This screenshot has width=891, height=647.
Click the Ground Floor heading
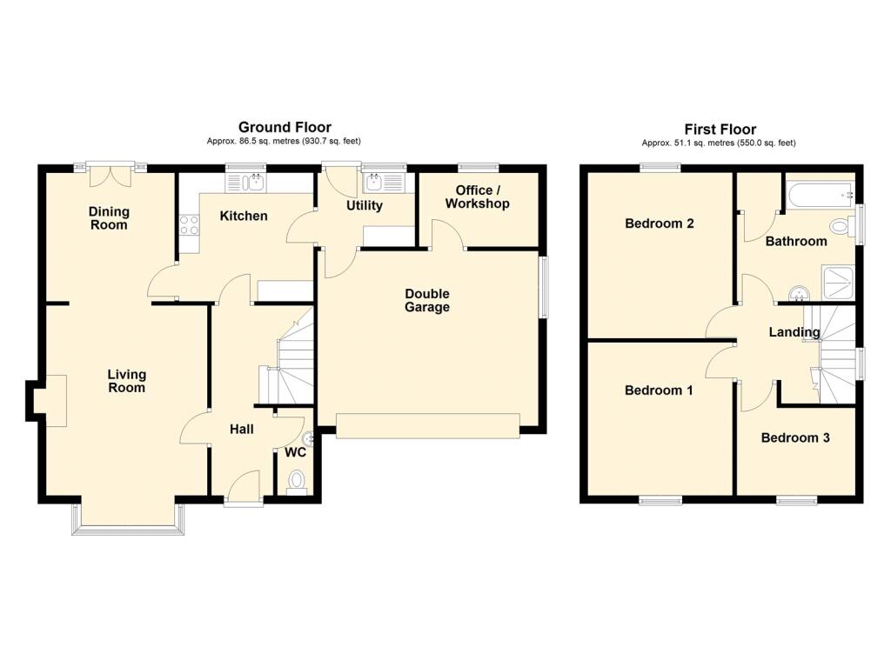pyautogui.click(x=285, y=127)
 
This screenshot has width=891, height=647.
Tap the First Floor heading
pyautogui.click(x=720, y=129)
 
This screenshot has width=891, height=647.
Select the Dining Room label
pyautogui.click(x=109, y=218)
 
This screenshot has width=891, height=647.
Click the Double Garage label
pyautogui.click(x=427, y=301)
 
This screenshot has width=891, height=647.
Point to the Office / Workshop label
pyautogui.click(x=478, y=197)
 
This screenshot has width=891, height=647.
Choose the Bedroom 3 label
pyautogui.click(x=795, y=437)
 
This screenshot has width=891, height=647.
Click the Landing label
pyautogui.click(x=794, y=331)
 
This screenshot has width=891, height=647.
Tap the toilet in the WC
pyautogui.click(x=296, y=483)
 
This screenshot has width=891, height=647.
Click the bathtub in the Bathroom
pyautogui.click(x=821, y=195)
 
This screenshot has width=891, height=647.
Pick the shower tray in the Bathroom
pyautogui.click(x=838, y=283)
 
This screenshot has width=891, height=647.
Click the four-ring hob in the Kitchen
pyautogui.click(x=189, y=225)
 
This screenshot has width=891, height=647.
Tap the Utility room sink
pyautogui.click(x=384, y=183)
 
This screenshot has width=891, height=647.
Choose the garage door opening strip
pyautogui.click(x=428, y=426)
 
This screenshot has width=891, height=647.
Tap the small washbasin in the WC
pyautogui.click(x=309, y=438)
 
